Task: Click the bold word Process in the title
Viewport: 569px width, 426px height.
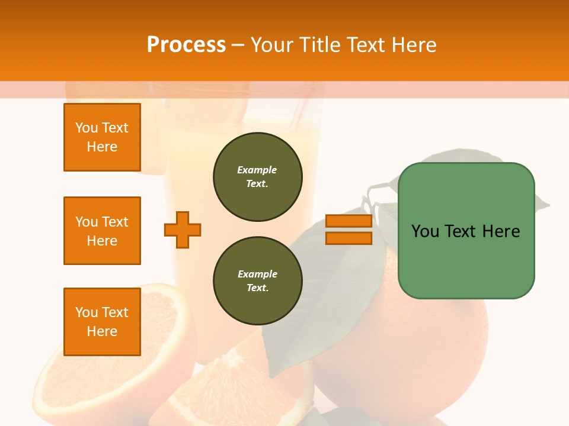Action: click(186, 45)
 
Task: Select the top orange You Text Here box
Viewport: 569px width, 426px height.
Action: click(102, 137)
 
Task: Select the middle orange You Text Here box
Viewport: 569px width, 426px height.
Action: click(102, 231)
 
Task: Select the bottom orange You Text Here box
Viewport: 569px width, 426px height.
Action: click(102, 322)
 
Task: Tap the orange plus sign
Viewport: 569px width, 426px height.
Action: click(183, 230)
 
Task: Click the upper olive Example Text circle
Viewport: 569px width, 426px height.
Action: click(258, 177)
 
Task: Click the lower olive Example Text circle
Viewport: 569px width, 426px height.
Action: click(258, 281)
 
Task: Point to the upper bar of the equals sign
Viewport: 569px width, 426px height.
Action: click(349, 221)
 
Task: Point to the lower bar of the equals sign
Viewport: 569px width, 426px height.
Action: click(349, 238)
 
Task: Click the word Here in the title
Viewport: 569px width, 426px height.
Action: click(414, 45)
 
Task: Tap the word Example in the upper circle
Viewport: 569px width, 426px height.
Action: click(257, 170)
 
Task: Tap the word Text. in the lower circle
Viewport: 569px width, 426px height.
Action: click(257, 288)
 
